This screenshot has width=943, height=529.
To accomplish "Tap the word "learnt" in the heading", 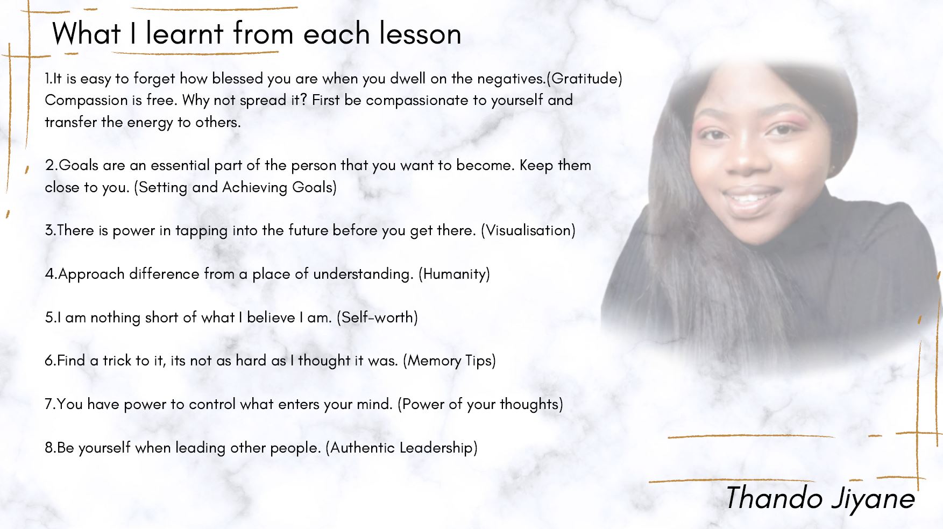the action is [x=185, y=33].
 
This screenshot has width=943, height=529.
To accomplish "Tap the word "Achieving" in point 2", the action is [x=255, y=187].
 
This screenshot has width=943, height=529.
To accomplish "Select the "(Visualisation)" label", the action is [x=528, y=230].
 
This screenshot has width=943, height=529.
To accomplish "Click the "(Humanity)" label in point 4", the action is [x=455, y=274].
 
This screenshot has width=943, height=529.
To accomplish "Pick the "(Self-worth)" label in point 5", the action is [x=378, y=318].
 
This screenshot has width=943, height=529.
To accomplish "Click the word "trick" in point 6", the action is [x=117, y=361].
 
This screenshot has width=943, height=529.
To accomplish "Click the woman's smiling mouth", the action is [x=749, y=198].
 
